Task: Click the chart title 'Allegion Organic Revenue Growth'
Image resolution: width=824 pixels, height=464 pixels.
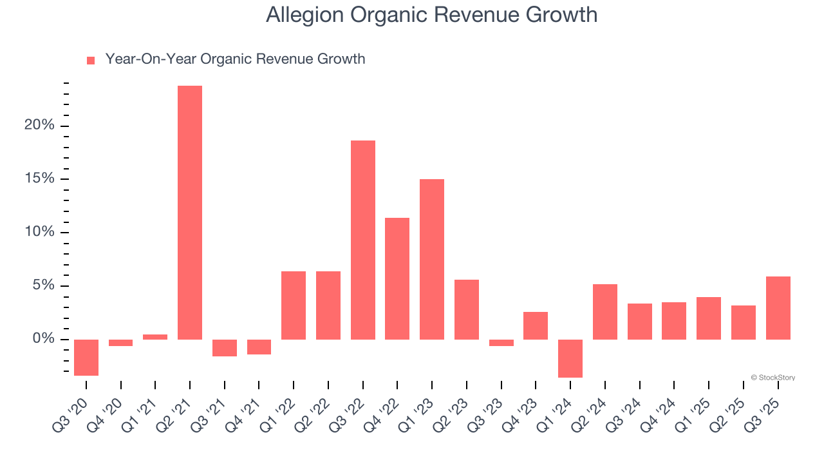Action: pos(431,15)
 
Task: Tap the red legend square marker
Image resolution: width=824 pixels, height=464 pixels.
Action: pos(91,61)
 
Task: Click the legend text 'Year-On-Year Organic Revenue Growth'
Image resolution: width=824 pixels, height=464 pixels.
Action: pos(235,59)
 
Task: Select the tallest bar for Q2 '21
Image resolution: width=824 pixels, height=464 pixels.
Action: pos(190,213)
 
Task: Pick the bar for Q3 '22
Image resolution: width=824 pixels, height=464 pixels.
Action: pos(363,240)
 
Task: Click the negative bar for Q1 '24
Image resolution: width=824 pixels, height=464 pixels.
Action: pos(570,358)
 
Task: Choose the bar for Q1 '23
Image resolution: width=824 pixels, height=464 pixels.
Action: pos(432,259)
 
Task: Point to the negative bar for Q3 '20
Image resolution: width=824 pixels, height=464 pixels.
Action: pos(86,357)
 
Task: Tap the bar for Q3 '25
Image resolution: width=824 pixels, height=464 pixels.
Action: pos(778,308)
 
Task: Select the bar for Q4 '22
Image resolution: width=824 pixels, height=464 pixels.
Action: pos(397,278)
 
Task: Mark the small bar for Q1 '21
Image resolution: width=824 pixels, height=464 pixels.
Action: pos(155,337)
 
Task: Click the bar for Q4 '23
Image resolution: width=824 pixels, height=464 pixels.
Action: pos(536,325)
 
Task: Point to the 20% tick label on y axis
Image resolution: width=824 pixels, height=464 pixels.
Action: pos(39,126)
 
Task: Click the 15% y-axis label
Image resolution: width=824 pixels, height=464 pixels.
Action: pos(39,179)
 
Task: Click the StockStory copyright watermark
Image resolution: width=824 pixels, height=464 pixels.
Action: pos(772,378)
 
